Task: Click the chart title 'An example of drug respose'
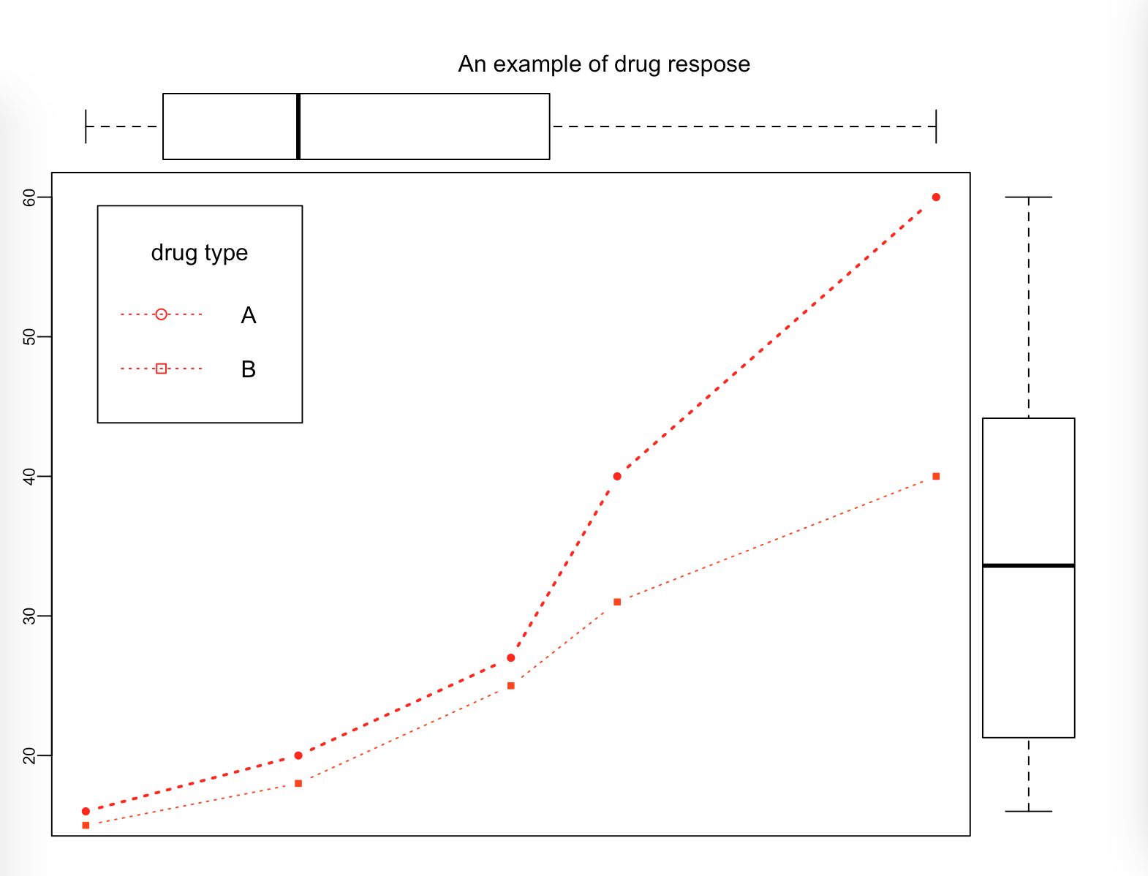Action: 604,64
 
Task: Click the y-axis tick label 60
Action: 29,197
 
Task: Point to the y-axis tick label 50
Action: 29,337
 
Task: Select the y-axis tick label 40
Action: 29,477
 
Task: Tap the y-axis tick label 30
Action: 29,616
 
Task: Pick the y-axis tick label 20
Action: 29,755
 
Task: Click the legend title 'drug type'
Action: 199,253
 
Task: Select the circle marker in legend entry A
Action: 162,314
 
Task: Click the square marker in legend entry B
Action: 162,369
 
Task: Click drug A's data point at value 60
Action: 936,197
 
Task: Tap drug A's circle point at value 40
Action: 617,477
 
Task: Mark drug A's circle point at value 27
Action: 510,658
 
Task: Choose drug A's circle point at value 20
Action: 298,755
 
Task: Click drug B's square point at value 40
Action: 936,477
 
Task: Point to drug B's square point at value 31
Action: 617,602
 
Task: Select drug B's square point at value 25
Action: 510,686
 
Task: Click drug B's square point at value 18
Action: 298,783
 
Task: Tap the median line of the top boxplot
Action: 298,127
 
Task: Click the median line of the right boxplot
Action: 1028,565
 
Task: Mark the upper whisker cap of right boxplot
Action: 1028,197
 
